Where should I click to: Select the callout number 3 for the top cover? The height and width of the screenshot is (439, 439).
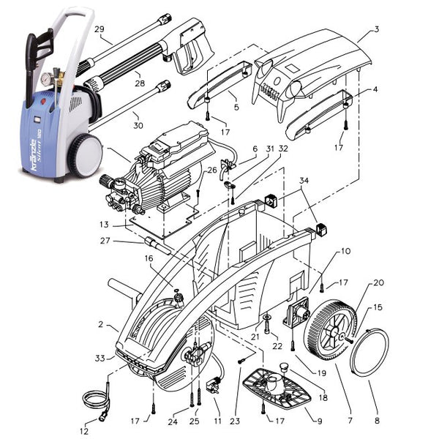376,29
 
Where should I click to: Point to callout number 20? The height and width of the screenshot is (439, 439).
378,282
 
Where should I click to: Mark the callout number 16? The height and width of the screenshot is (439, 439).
148,258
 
